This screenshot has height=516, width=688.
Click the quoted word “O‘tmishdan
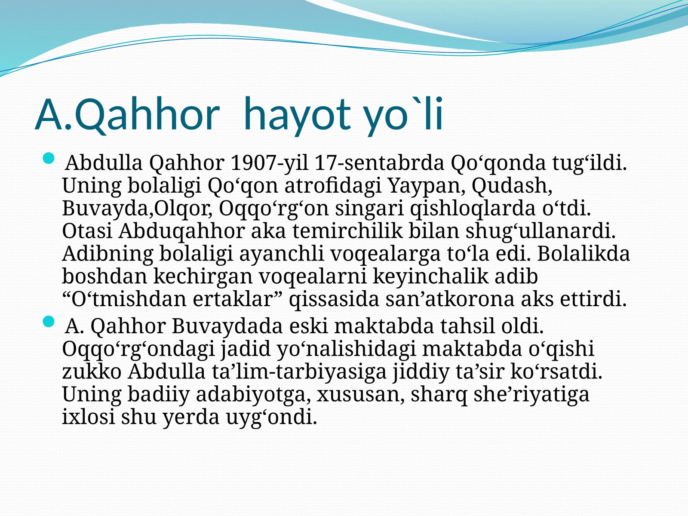124,299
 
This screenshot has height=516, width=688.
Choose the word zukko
92,372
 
